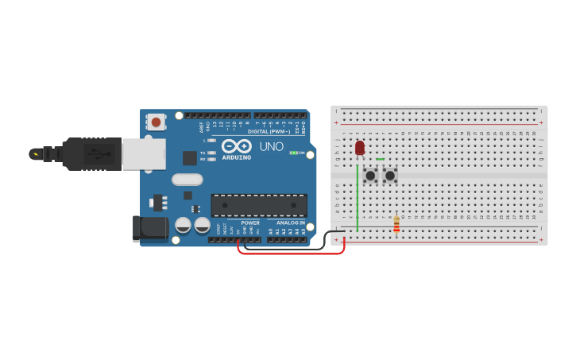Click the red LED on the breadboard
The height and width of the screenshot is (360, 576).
tap(360, 148)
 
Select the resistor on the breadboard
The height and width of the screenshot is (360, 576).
tap(396, 226)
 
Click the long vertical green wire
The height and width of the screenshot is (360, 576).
tap(358, 199)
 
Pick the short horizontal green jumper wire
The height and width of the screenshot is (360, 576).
tap(380, 159)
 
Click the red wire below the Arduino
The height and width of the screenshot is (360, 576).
tap(291, 254)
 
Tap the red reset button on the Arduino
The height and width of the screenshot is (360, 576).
tap(157, 122)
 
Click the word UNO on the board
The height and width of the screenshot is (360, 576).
tap(271, 146)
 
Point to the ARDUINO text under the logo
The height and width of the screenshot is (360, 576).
tap(237, 157)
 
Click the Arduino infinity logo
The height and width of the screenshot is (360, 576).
tap(237, 146)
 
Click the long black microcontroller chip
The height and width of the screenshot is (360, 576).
tap(259, 205)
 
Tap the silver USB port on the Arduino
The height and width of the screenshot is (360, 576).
tap(144, 154)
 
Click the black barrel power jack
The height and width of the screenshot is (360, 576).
tap(149, 229)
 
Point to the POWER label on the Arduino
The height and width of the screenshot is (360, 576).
tap(250, 223)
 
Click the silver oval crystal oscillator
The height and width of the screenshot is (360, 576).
tap(187, 180)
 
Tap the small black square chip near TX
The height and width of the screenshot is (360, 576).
tap(190, 158)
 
